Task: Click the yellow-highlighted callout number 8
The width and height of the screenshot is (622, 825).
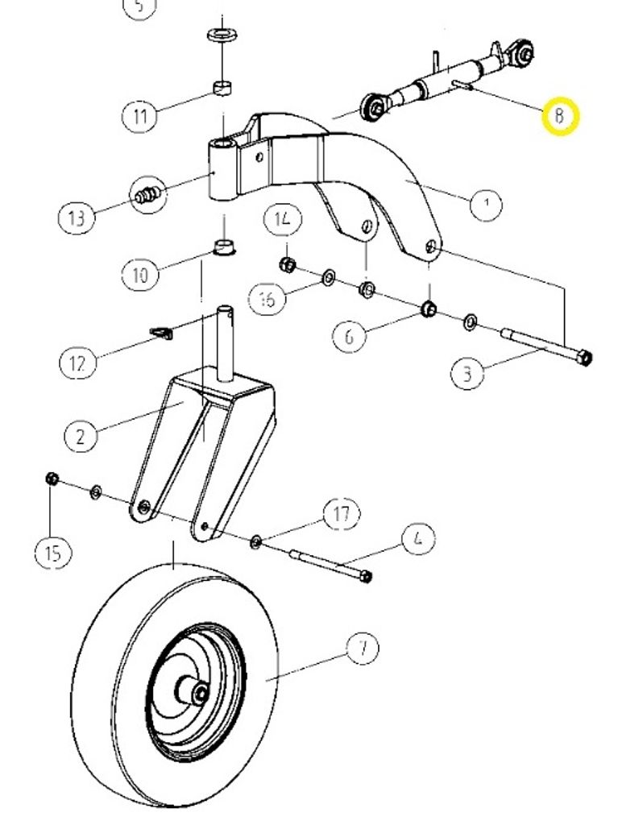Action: click(559, 116)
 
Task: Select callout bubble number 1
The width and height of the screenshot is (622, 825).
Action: click(486, 205)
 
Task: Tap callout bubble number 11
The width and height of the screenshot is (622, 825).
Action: click(141, 116)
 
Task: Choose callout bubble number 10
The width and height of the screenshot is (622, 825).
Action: click(140, 275)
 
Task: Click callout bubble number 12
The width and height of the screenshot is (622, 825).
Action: click(77, 363)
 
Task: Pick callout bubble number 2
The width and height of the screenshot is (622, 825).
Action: click(81, 437)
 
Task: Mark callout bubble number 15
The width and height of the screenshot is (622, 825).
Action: click(53, 553)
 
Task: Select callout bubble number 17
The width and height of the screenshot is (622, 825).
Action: click(342, 513)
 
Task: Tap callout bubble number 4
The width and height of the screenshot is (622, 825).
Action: click(417, 538)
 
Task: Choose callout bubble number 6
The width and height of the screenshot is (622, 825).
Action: click(350, 335)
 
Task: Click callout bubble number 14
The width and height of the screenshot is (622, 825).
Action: click(284, 218)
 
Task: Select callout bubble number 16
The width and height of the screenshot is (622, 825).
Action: click(267, 300)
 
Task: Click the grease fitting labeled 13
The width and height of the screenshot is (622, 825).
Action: click(147, 193)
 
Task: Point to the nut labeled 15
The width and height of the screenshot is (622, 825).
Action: click(50, 479)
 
